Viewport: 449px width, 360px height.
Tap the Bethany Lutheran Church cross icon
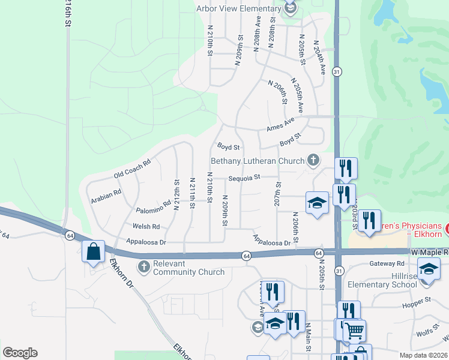click(x=313, y=160)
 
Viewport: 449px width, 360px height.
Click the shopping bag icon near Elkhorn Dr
click(x=94, y=252)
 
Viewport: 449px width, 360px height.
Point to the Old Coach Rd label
click(x=131, y=169)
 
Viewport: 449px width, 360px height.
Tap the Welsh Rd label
click(x=147, y=226)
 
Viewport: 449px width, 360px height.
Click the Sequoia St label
click(x=244, y=177)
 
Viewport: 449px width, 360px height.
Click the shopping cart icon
click(x=354, y=329)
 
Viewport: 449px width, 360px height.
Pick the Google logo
click(x=20, y=352)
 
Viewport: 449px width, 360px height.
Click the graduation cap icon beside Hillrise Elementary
click(x=429, y=269)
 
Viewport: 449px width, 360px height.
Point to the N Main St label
click(x=308, y=335)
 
